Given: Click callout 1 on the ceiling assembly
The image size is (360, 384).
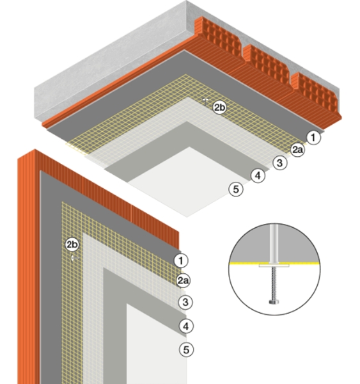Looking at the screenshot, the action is (313, 138).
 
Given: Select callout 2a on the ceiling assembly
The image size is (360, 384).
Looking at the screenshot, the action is (297, 150).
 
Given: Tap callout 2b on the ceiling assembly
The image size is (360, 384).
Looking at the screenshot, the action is (219, 108).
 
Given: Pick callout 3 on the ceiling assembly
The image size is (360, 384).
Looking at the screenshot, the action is (279, 163).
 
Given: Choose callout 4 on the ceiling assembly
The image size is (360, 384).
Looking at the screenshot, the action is (258, 175).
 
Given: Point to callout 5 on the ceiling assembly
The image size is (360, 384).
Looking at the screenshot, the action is (236, 189).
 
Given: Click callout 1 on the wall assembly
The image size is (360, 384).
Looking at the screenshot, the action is (181, 260).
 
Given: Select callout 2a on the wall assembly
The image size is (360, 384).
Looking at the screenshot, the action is (184, 280).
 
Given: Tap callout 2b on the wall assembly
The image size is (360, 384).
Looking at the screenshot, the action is (72, 244).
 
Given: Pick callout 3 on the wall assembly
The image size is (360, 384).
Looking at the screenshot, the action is (185, 302).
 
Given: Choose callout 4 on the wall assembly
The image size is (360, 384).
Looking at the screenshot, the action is (186, 326).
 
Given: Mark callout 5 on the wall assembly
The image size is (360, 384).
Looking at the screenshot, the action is (187, 349).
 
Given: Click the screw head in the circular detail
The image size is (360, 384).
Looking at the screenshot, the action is (274, 301).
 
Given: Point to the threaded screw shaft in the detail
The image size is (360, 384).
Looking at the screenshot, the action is (274, 284).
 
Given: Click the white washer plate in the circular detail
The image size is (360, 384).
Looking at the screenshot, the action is (274, 266).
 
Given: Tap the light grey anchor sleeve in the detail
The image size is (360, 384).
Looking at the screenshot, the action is (274, 243).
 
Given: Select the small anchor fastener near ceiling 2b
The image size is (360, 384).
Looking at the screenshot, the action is (205, 101).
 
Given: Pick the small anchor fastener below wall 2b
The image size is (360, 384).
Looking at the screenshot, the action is (74, 258).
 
